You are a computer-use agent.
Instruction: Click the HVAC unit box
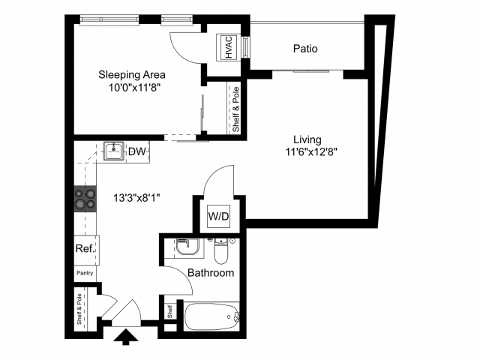(228, 47)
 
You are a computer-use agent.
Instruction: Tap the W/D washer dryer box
(219, 217)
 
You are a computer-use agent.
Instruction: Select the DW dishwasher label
(136, 152)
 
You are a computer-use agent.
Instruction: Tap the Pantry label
(84, 273)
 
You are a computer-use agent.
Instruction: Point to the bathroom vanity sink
(184, 247)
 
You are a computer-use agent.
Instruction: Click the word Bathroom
(210, 273)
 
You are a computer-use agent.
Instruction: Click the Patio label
(304, 49)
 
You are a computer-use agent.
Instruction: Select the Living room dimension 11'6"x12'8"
(307, 151)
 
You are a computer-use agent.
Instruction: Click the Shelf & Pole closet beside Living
(236, 109)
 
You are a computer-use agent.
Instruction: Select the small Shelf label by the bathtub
(169, 310)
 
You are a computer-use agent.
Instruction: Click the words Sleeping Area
(132, 74)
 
